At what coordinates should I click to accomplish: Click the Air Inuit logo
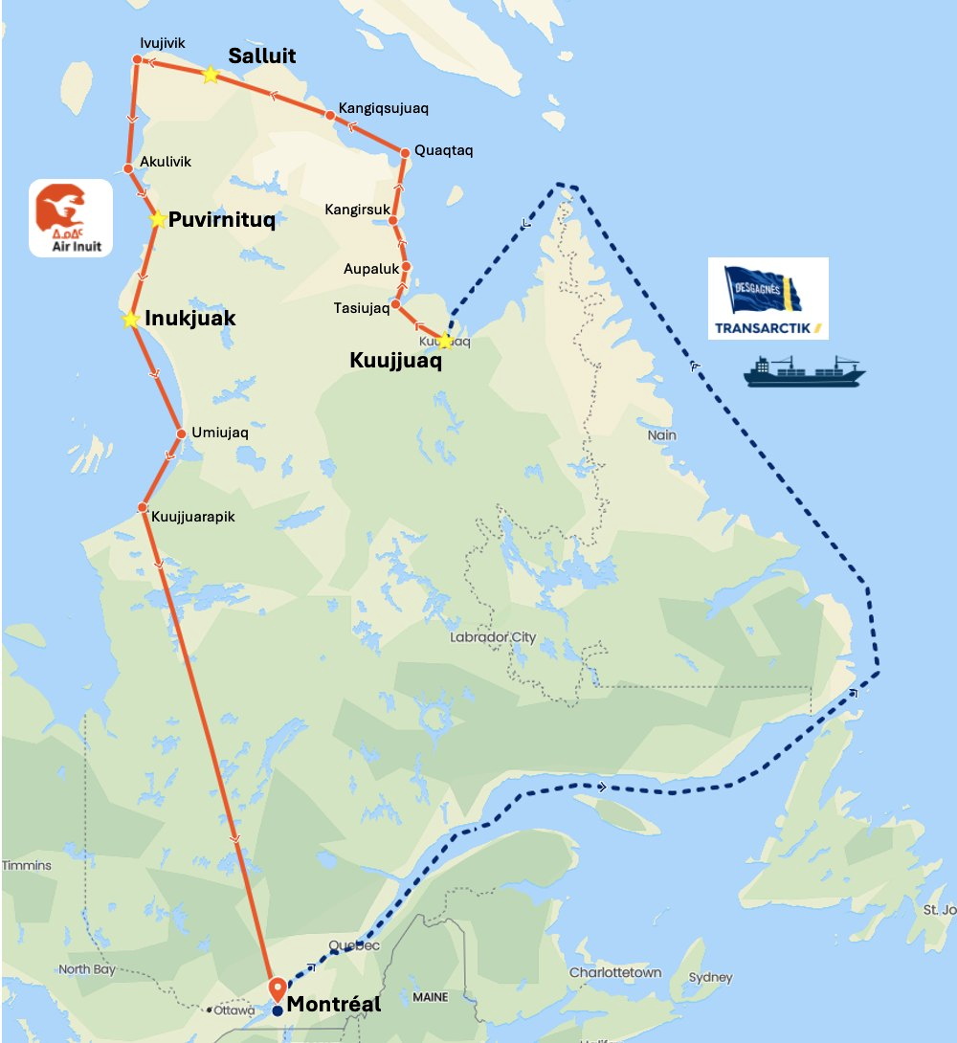coord(71,218)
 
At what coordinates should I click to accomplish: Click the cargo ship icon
coord(804,370)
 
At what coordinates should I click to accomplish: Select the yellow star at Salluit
coord(210,75)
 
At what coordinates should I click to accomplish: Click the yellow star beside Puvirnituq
coord(158,219)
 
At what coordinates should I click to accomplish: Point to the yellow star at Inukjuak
coord(130,319)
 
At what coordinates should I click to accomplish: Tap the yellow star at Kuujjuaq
coord(445,341)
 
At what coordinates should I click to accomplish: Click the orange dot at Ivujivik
coord(137,60)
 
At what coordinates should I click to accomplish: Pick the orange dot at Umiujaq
coord(181,433)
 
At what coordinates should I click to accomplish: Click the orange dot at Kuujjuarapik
coord(142,507)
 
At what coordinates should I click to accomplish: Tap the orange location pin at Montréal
coord(278,988)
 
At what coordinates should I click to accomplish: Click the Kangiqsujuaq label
coord(383,109)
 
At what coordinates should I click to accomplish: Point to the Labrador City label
coord(493,637)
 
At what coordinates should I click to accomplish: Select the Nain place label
coord(661,435)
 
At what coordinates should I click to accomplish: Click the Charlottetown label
coord(615,972)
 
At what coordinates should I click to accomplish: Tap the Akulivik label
coord(166,162)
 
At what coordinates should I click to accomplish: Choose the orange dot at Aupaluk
coord(406,267)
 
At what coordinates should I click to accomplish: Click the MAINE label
coord(430,997)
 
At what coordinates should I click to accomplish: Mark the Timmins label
coord(27,865)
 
